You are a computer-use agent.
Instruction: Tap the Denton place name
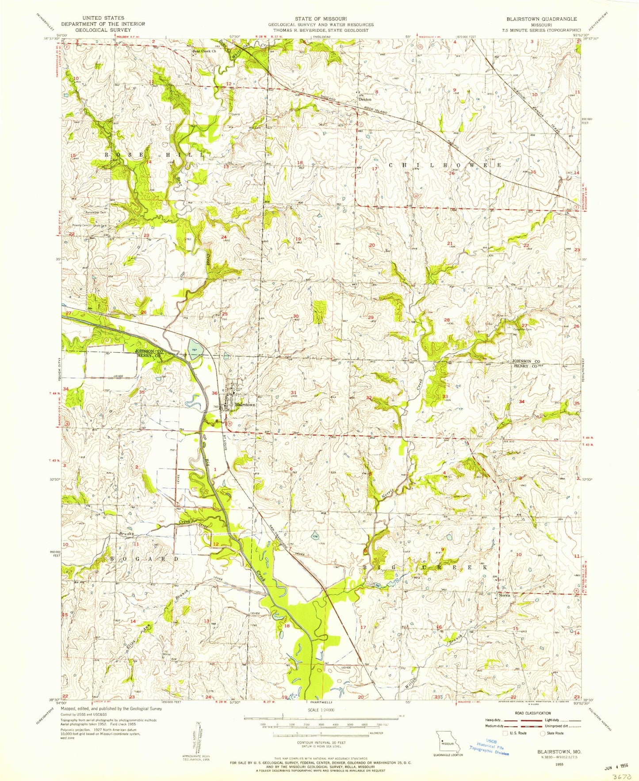[365, 99]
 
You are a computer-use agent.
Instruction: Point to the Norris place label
[505, 595]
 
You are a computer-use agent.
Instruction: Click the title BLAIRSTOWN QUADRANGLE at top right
[543, 19]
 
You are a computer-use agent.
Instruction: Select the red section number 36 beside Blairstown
[214, 393]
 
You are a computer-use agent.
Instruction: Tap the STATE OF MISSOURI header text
[319, 19]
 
